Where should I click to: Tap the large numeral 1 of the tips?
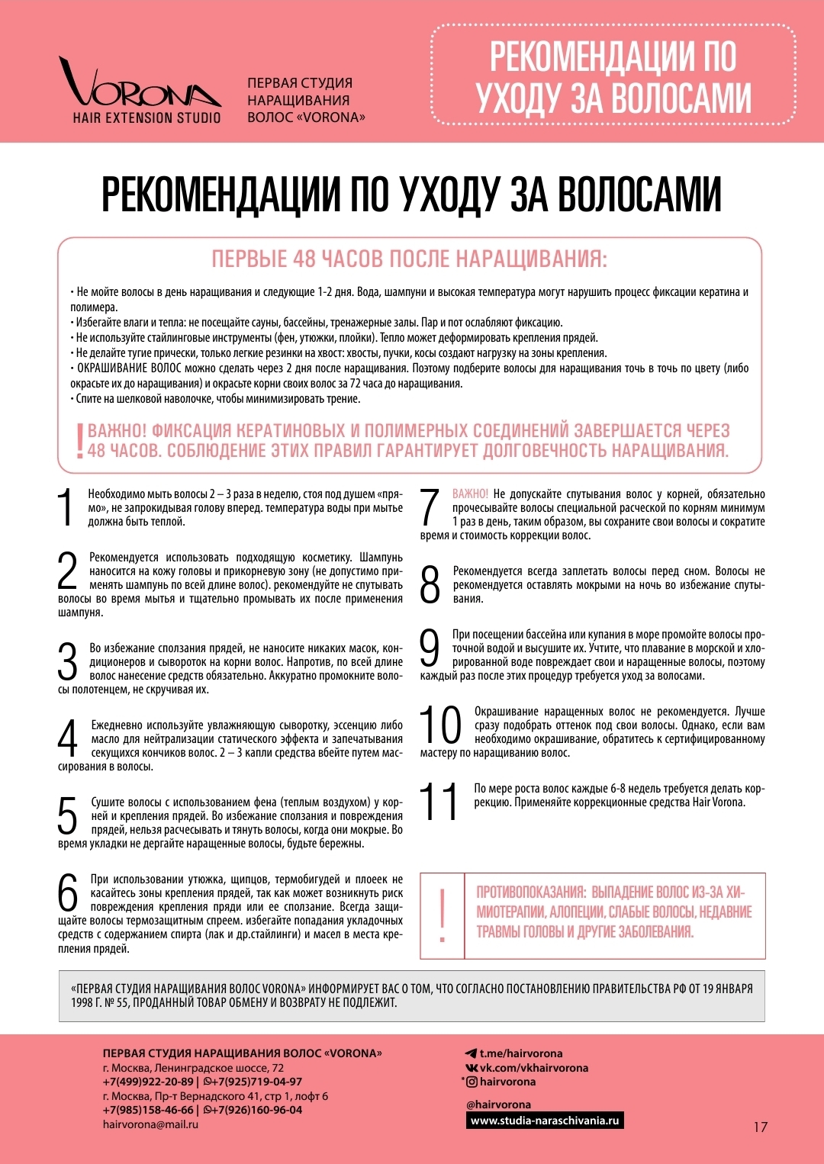(x=67, y=508)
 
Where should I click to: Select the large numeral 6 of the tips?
(x=68, y=893)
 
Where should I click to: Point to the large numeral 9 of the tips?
(x=430, y=648)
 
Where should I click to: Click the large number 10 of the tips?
(x=441, y=725)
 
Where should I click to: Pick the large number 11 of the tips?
(x=440, y=802)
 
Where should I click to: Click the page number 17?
(x=760, y=1127)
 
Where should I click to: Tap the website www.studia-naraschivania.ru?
(x=545, y=1121)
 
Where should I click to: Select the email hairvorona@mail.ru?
(x=150, y=1124)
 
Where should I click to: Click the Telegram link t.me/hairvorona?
(x=520, y=1053)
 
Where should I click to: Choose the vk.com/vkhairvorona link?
(x=533, y=1068)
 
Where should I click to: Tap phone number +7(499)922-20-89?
(x=148, y=1082)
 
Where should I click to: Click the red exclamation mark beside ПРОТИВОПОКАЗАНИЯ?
(x=442, y=915)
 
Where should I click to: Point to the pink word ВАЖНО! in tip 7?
(x=470, y=494)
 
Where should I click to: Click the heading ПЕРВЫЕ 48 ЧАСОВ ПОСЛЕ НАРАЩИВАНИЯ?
(x=409, y=259)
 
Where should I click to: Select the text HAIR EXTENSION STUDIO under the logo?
(x=146, y=117)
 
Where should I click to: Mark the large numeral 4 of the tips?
(x=68, y=738)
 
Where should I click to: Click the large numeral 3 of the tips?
(x=68, y=661)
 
